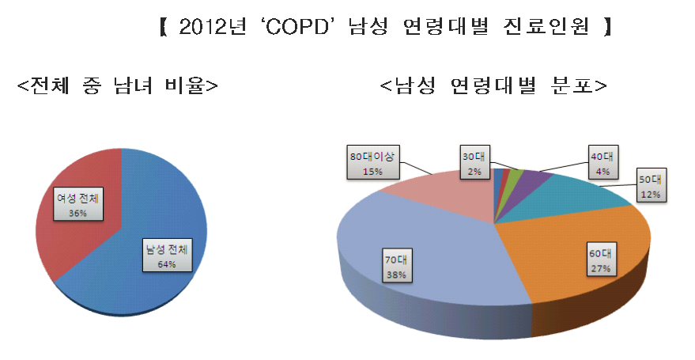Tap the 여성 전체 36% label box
coord(78,204)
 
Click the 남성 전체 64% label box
coord(167,256)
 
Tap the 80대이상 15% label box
coord(372,162)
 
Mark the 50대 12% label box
coord(650,185)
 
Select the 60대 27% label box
coord(601,260)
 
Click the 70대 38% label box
coord(396,265)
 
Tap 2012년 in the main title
coord(213,28)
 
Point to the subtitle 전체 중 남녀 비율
coord(118,85)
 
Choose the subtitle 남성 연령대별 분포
coord(493,85)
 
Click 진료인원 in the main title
coord(546,28)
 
